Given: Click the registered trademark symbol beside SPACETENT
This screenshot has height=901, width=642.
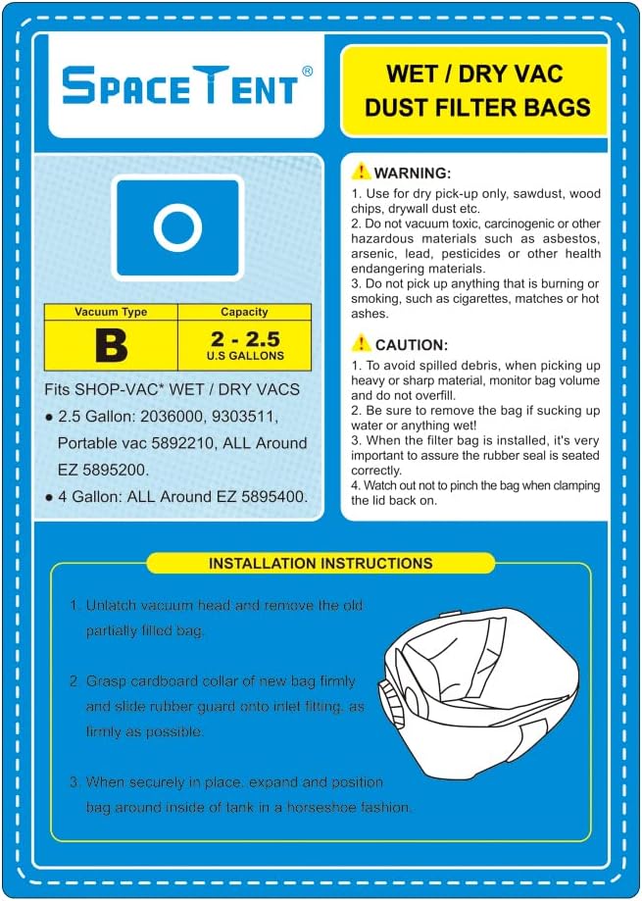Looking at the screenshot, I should [x=307, y=71].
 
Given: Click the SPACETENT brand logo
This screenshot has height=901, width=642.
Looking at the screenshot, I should [x=180, y=86].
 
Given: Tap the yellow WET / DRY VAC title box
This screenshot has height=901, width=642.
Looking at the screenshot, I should [x=473, y=90].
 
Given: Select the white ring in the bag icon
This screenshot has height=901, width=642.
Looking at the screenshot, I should [x=177, y=226].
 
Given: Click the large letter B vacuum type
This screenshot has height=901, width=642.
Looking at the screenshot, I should [x=111, y=345].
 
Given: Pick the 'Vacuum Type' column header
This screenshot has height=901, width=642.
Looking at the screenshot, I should [x=111, y=312].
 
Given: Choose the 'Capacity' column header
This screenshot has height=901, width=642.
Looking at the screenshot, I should [x=244, y=312].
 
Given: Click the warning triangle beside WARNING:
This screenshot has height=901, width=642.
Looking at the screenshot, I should [x=362, y=171].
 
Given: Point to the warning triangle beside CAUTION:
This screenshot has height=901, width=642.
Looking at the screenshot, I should [x=362, y=343].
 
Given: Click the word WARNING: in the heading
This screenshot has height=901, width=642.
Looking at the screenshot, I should [x=413, y=173].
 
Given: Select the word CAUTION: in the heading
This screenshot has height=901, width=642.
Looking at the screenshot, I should [x=412, y=345].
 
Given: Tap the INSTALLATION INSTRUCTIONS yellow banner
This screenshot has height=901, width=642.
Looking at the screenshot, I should [x=321, y=564].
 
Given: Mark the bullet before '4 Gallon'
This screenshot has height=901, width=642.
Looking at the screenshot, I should [x=49, y=497].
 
